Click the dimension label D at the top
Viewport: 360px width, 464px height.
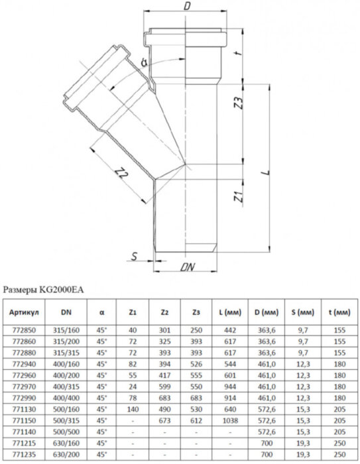pos(188,7)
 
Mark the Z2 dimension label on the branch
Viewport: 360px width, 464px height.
pos(121,174)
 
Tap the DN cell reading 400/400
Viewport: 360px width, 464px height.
pos(65,396)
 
